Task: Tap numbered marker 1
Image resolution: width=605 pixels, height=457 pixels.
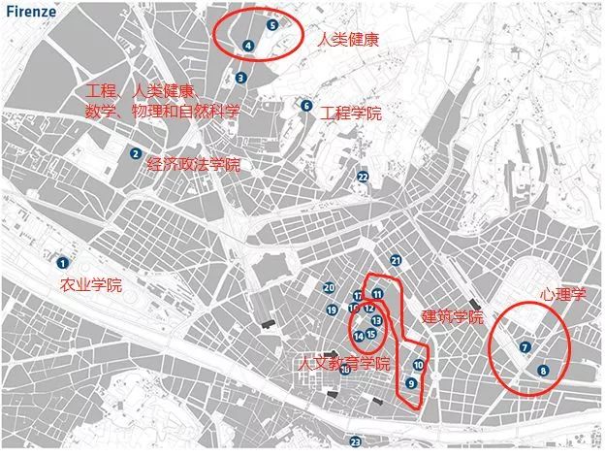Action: (63, 262)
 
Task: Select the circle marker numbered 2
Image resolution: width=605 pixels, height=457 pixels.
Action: (136, 152)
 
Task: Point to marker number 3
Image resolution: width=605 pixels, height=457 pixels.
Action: (240, 78)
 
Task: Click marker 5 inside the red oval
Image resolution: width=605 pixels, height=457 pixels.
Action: (272, 25)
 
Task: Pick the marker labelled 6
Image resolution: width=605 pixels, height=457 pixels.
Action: (306, 106)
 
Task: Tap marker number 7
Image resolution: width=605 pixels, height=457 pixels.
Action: (525, 346)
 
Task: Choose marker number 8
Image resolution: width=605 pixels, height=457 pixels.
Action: (542, 370)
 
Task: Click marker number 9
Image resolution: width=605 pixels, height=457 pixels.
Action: (412, 383)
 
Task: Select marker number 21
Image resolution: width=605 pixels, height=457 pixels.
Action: (396, 260)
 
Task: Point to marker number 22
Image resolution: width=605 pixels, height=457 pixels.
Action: (363, 177)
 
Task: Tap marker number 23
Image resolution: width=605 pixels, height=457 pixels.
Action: (356, 441)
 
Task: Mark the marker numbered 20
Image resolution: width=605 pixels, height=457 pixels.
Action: (330, 287)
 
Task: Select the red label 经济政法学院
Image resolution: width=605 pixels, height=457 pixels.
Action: (193, 165)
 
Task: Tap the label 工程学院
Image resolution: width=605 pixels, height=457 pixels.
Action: (351, 114)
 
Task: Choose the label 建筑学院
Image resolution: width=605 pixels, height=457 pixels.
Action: (452, 317)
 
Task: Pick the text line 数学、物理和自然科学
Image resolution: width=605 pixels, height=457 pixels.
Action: (162, 111)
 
